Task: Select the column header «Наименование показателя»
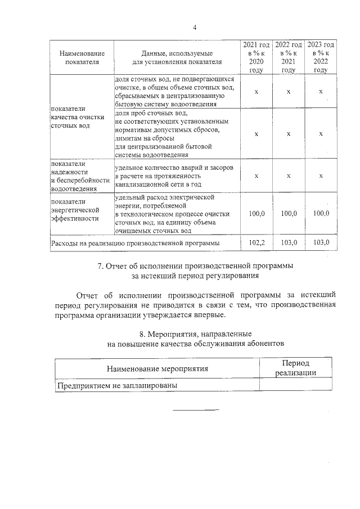82,57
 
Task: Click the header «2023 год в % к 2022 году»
321,57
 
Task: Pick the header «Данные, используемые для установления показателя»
177,57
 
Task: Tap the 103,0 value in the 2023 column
321,242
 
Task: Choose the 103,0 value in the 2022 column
288,242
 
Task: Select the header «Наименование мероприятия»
157,369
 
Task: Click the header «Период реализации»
295,368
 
